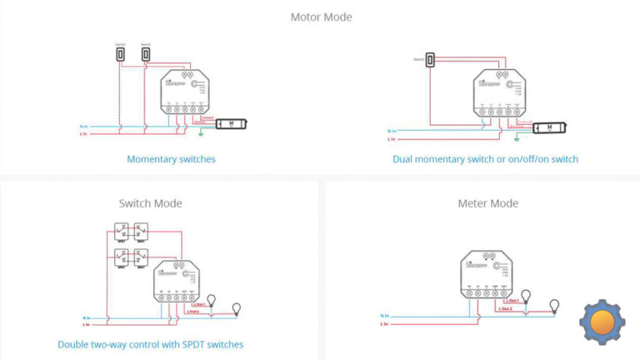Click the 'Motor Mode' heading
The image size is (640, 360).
[321, 17]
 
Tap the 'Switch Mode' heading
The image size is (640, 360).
[151, 203]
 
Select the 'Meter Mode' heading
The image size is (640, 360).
[487, 203]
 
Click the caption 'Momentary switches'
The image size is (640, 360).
[171, 158]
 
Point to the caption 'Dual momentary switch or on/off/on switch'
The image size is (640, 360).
[485, 158]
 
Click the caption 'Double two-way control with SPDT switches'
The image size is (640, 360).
[151, 344]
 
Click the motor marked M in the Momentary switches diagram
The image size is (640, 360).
[231, 125]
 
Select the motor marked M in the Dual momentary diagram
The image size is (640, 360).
[550, 127]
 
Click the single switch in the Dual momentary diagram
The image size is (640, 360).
[430, 60]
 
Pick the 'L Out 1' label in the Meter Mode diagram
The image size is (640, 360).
[509, 301]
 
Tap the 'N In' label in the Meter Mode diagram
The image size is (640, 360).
[384, 315]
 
